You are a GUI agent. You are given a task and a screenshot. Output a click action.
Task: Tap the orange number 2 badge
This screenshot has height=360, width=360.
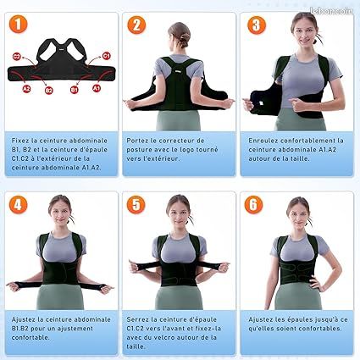(136, 25)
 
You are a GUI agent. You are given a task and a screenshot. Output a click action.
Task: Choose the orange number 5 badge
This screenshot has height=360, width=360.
(136, 206)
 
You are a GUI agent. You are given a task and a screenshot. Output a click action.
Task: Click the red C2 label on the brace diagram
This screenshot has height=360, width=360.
(17, 56)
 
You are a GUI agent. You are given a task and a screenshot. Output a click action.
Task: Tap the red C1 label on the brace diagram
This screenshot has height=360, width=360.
(106, 55)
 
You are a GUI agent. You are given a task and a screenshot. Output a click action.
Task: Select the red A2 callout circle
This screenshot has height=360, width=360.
(27, 87)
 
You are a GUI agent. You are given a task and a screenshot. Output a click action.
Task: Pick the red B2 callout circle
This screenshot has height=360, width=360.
(49, 90)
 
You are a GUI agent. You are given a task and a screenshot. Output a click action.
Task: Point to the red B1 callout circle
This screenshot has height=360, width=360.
(75, 90)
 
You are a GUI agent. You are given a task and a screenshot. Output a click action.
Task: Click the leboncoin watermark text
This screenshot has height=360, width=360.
(334, 11)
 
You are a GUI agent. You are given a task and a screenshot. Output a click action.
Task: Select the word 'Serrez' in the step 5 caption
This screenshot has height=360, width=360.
(140, 319)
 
